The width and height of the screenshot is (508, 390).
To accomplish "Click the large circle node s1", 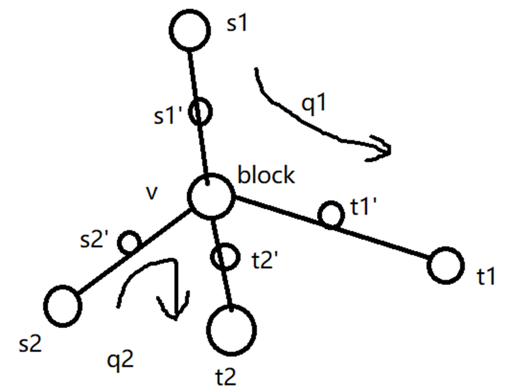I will tap(190, 31).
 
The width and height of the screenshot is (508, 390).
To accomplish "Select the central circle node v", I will tap(210, 196).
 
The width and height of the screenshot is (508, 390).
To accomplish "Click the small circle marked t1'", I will tap(331, 216).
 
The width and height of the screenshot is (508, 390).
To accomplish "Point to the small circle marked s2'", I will tap(129, 243).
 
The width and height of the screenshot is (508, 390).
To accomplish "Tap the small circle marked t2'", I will tap(223, 256).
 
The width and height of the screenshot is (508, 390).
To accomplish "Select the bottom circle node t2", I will tap(233, 329).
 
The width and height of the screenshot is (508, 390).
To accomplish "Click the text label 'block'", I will tap(266, 176).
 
